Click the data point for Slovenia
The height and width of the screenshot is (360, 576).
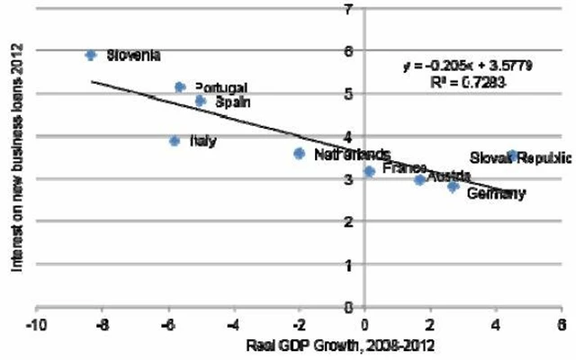pos(90,55)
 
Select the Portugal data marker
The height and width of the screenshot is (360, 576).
pos(179,87)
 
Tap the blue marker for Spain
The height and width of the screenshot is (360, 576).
pos(200,101)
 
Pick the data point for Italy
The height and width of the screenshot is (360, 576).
pos(175,140)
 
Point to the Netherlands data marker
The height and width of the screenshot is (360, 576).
pos(299,154)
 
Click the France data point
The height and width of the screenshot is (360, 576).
pos(369,171)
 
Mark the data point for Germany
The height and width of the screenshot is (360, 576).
pos(453,186)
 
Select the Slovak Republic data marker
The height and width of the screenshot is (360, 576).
pos(512,156)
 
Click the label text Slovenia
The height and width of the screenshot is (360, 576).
pos(133,56)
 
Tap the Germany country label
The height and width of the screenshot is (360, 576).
pos(497,193)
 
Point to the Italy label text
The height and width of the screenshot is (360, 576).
pos(203,141)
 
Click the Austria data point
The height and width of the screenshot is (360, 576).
pos(419,180)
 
